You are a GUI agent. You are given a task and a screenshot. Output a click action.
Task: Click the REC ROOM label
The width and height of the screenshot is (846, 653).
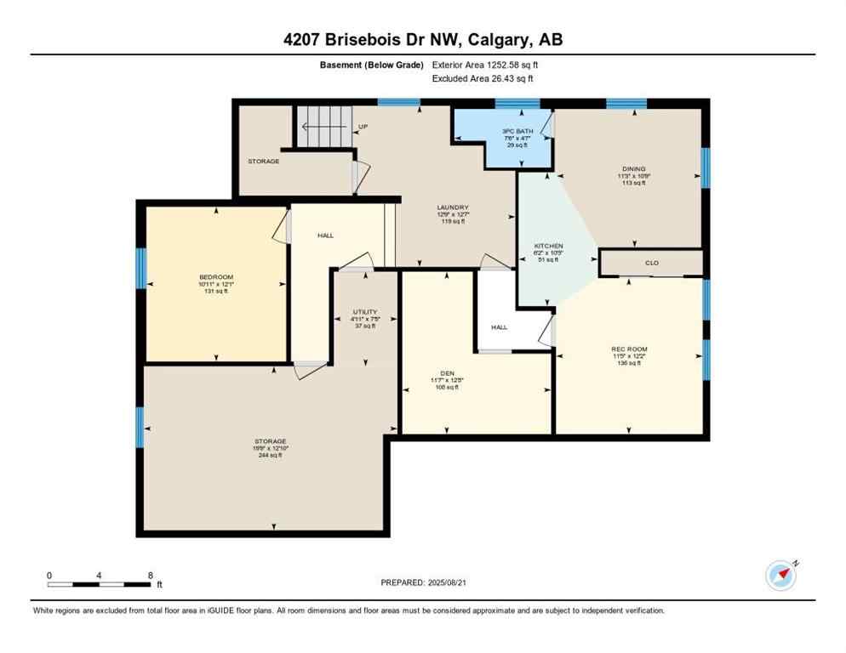point(629,349)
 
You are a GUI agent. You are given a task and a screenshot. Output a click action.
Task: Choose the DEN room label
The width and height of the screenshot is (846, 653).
point(447,372)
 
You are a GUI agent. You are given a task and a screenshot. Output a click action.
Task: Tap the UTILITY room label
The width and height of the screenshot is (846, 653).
point(365,312)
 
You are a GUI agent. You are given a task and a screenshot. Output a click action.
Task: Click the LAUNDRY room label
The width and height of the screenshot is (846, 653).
point(452,207)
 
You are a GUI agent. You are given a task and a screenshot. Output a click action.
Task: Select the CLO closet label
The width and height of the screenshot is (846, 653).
point(651,263)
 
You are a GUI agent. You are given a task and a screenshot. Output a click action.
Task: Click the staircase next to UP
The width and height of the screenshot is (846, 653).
point(323,126)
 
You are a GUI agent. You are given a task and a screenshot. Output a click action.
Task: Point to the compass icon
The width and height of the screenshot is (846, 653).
point(780,576)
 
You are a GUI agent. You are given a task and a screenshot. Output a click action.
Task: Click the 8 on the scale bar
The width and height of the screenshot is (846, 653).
point(150,576)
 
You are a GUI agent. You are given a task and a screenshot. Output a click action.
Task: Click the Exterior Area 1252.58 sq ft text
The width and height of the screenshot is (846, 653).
point(485,65)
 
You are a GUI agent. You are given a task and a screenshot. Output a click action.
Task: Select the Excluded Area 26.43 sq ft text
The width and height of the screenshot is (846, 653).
point(483,78)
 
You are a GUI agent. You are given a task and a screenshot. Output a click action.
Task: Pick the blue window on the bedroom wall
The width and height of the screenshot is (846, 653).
point(141,268)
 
